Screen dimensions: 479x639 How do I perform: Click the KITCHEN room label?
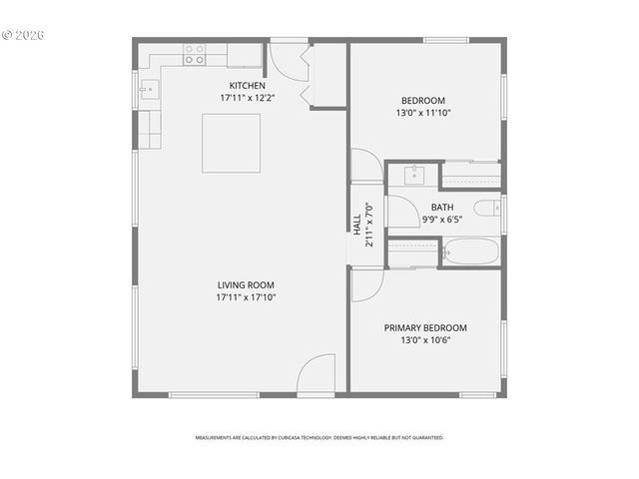[x=247, y=86]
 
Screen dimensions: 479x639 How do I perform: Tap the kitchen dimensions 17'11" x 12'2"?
[x=247, y=99]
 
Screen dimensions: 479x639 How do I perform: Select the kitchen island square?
[x=232, y=143]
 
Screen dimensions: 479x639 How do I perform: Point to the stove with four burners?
[x=194, y=54]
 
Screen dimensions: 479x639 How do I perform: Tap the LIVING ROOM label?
[x=246, y=284]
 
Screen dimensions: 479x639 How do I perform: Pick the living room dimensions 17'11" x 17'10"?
[x=246, y=297]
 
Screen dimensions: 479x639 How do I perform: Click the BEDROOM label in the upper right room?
[x=423, y=100]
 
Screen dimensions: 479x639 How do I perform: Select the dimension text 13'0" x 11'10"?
[x=423, y=113]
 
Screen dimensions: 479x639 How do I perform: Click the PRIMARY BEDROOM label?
[x=425, y=327]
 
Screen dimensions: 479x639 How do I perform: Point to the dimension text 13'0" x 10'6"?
[x=425, y=340]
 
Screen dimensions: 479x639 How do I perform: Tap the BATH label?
[x=442, y=208]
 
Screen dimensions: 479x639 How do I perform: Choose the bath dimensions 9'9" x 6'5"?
[x=442, y=220]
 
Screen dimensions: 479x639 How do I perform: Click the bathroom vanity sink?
[x=413, y=175]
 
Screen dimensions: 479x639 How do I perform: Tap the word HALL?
[x=356, y=222]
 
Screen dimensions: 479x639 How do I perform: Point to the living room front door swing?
[x=318, y=374]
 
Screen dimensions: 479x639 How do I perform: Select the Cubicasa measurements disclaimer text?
[x=319, y=437]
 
